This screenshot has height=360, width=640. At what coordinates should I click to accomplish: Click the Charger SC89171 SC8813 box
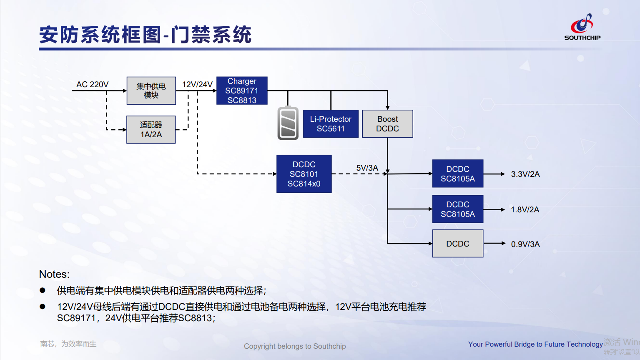[x=242, y=91]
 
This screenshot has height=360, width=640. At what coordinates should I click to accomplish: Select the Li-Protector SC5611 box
[x=331, y=124]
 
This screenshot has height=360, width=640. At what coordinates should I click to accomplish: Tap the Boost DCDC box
[x=387, y=124]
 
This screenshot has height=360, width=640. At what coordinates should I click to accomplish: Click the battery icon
[x=288, y=123]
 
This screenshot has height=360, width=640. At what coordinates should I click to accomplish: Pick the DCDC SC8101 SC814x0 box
[x=304, y=174]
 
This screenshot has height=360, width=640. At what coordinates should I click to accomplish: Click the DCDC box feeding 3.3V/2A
[x=458, y=174]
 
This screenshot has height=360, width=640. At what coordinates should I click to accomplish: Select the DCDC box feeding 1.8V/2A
[x=458, y=209]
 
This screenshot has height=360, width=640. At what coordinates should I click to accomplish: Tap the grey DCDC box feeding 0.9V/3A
[x=458, y=244]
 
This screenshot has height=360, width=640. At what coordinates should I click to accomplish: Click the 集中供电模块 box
[x=151, y=91]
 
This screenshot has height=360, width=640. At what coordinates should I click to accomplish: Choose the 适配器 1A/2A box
[x=151, y=130]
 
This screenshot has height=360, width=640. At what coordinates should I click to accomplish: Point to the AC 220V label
[x=92, y=84]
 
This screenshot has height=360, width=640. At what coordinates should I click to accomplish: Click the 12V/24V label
[x=197, y=84]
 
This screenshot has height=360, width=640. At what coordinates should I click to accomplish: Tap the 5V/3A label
[x=367, y=168]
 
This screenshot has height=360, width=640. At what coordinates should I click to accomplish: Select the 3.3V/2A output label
[x=525, y=174]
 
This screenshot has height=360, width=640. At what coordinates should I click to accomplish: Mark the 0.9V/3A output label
[x=525, y=244]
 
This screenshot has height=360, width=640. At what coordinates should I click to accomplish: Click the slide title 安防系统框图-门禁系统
[x=145, y=35]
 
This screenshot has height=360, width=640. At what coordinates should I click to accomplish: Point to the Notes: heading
[x=54, y=274]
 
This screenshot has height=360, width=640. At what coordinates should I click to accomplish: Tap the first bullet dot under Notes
[x=43, y=290]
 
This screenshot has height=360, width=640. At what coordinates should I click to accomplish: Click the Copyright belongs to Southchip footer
[x=295, y=346]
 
